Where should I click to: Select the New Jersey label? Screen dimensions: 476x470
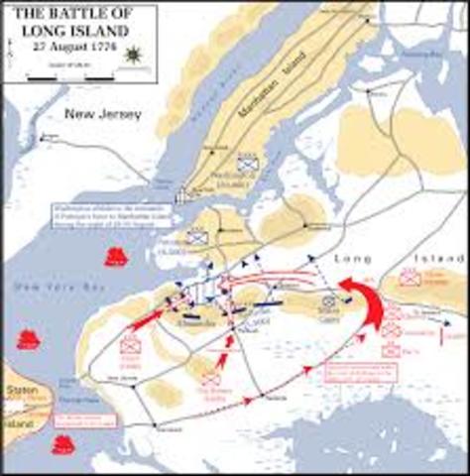(x=104, y=115)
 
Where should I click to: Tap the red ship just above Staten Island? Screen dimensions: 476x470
(x=28, y=339)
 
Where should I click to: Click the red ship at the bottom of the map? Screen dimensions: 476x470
(x=63, y=443)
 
